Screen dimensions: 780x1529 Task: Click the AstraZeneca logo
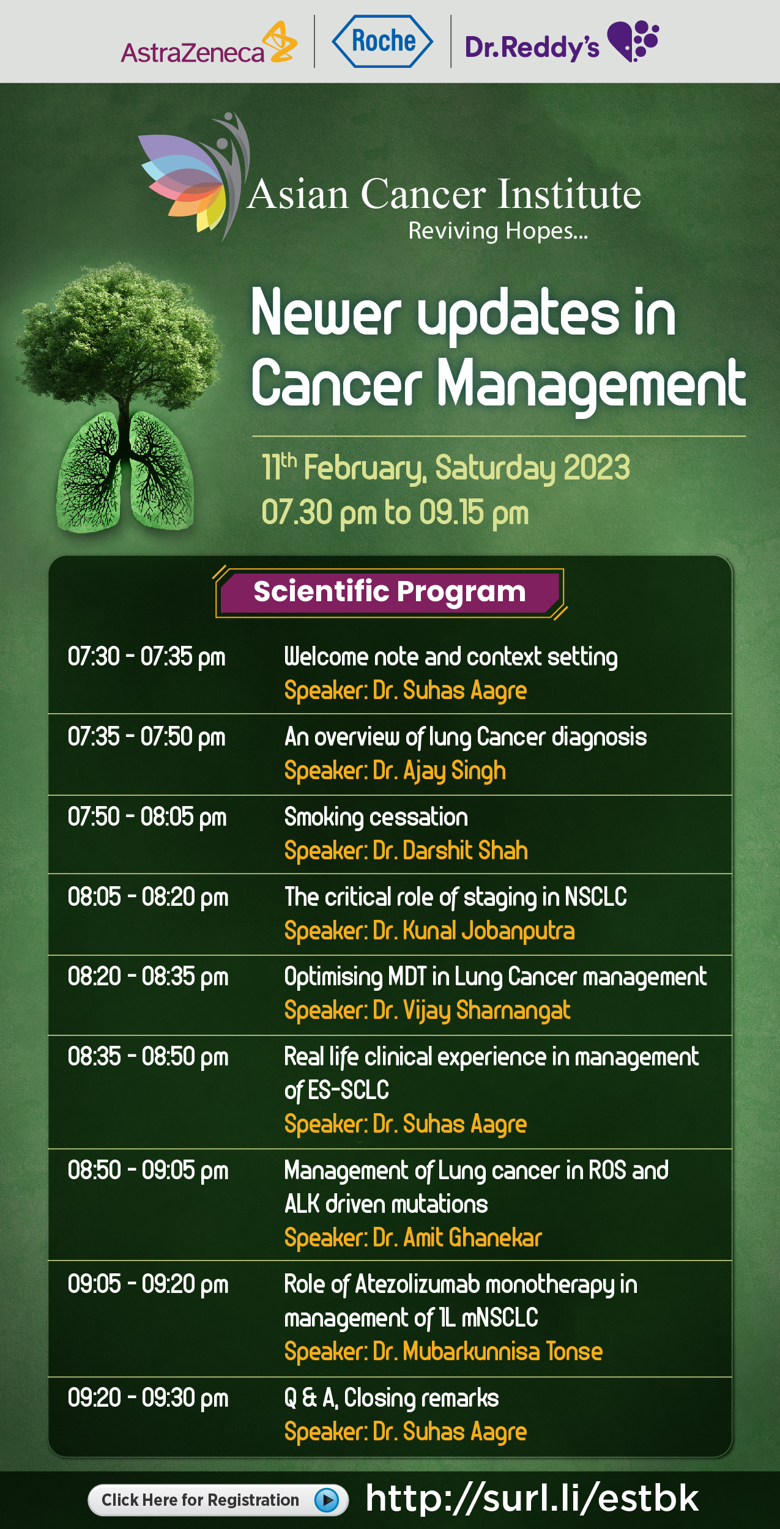pyautogui.click(x=209, y=44)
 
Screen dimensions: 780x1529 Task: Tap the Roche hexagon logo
pyautogui.click(x=382, y=42)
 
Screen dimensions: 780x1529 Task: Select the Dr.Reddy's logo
pyautogui.click(x=562, y=42)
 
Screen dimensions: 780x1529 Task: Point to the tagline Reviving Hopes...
pyautogui.click(x=498, y=231)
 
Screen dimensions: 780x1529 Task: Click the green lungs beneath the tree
pyautogui.click(x=125, y=471)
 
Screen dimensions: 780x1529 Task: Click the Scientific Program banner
pyautogui.click(x=390, y=592)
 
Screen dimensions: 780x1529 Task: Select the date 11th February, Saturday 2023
pyautogui.click(x=445, y=468)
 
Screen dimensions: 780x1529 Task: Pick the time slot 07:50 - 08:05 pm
pyautogui.click(x=147, y=818)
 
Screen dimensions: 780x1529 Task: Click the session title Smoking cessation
pyautogui.click(x=376, y=818)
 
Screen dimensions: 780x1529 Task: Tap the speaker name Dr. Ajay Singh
pyautogui.click(x=439, y=771)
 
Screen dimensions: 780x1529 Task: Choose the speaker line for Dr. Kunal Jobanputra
pyautogui.click(x=429, y=931)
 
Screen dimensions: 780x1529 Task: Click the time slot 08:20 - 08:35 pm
pyautogui.click(x=148, y=977)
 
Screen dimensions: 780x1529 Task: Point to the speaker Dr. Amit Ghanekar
pyautogui.click(x=457, y=1238)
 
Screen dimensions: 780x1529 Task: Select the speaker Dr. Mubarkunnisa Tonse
pyautogui.click(x=488, y=1352)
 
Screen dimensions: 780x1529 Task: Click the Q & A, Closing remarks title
pyautogui.click(x=392, y=1398)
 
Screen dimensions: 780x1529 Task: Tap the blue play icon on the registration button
pyautogui.click(x=327, y=1500)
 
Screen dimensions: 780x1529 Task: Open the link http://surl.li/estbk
pyautogui.click(x=532, y=1498)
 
